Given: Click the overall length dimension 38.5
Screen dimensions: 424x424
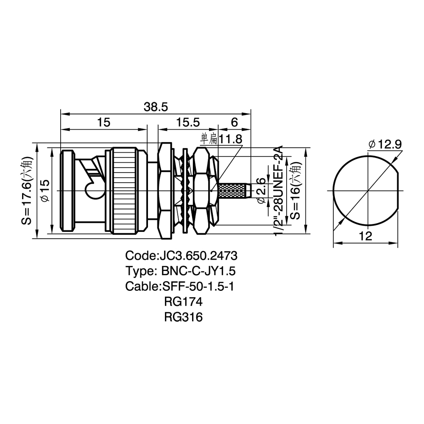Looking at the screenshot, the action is point(156,107).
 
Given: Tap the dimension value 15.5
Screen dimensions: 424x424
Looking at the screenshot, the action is point(188,123).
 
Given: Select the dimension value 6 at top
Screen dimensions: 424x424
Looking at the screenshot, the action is point(234,123).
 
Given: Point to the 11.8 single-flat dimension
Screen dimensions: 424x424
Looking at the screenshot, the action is point(221,139).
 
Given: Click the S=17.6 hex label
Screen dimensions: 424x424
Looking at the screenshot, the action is point(27,191).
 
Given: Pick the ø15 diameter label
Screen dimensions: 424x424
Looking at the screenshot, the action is point(45,191).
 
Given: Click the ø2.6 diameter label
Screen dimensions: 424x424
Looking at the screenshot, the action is point(261,191).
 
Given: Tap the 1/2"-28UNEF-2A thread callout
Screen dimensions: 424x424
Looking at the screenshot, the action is point(278,191).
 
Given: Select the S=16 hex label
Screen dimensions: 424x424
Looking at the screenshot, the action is point(296,191).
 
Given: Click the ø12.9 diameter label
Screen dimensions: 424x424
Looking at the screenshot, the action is point(385,145).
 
